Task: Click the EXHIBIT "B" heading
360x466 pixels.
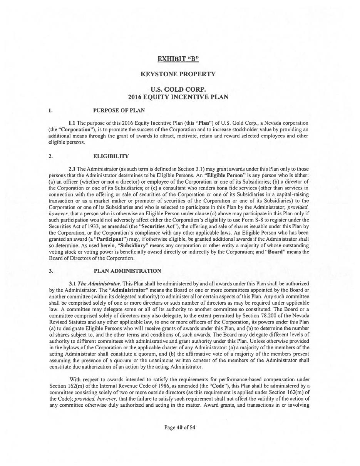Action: [178, 59]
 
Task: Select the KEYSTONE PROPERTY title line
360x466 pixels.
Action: [178, 74]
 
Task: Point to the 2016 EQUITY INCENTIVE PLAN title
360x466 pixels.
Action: [178, 97]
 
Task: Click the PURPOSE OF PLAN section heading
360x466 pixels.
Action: [119, 111]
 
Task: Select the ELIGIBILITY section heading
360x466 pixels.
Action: [111, 156]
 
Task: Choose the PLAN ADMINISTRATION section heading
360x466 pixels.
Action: [127, 271]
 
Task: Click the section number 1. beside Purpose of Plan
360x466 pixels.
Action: [51, 111]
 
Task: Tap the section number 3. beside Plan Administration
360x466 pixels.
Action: [51, 271]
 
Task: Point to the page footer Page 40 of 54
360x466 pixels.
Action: [180, 427]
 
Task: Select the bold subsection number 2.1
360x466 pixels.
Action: [72, 169]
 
